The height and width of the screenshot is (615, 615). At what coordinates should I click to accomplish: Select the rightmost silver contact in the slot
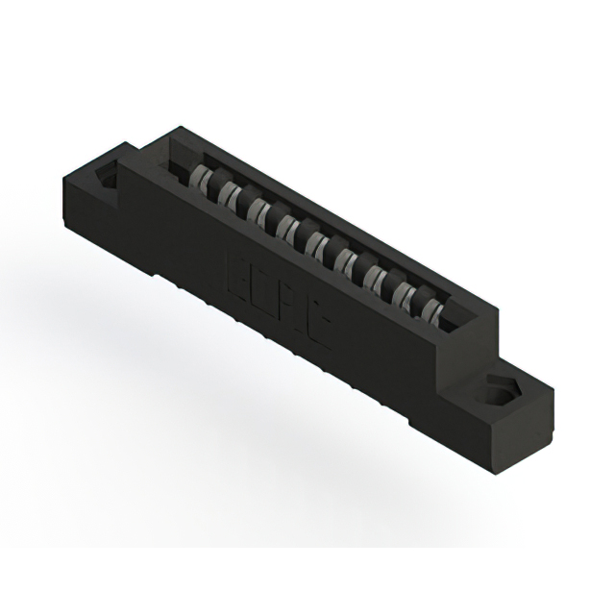point(433,309)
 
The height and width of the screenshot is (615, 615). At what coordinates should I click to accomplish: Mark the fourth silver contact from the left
point(286,227)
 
